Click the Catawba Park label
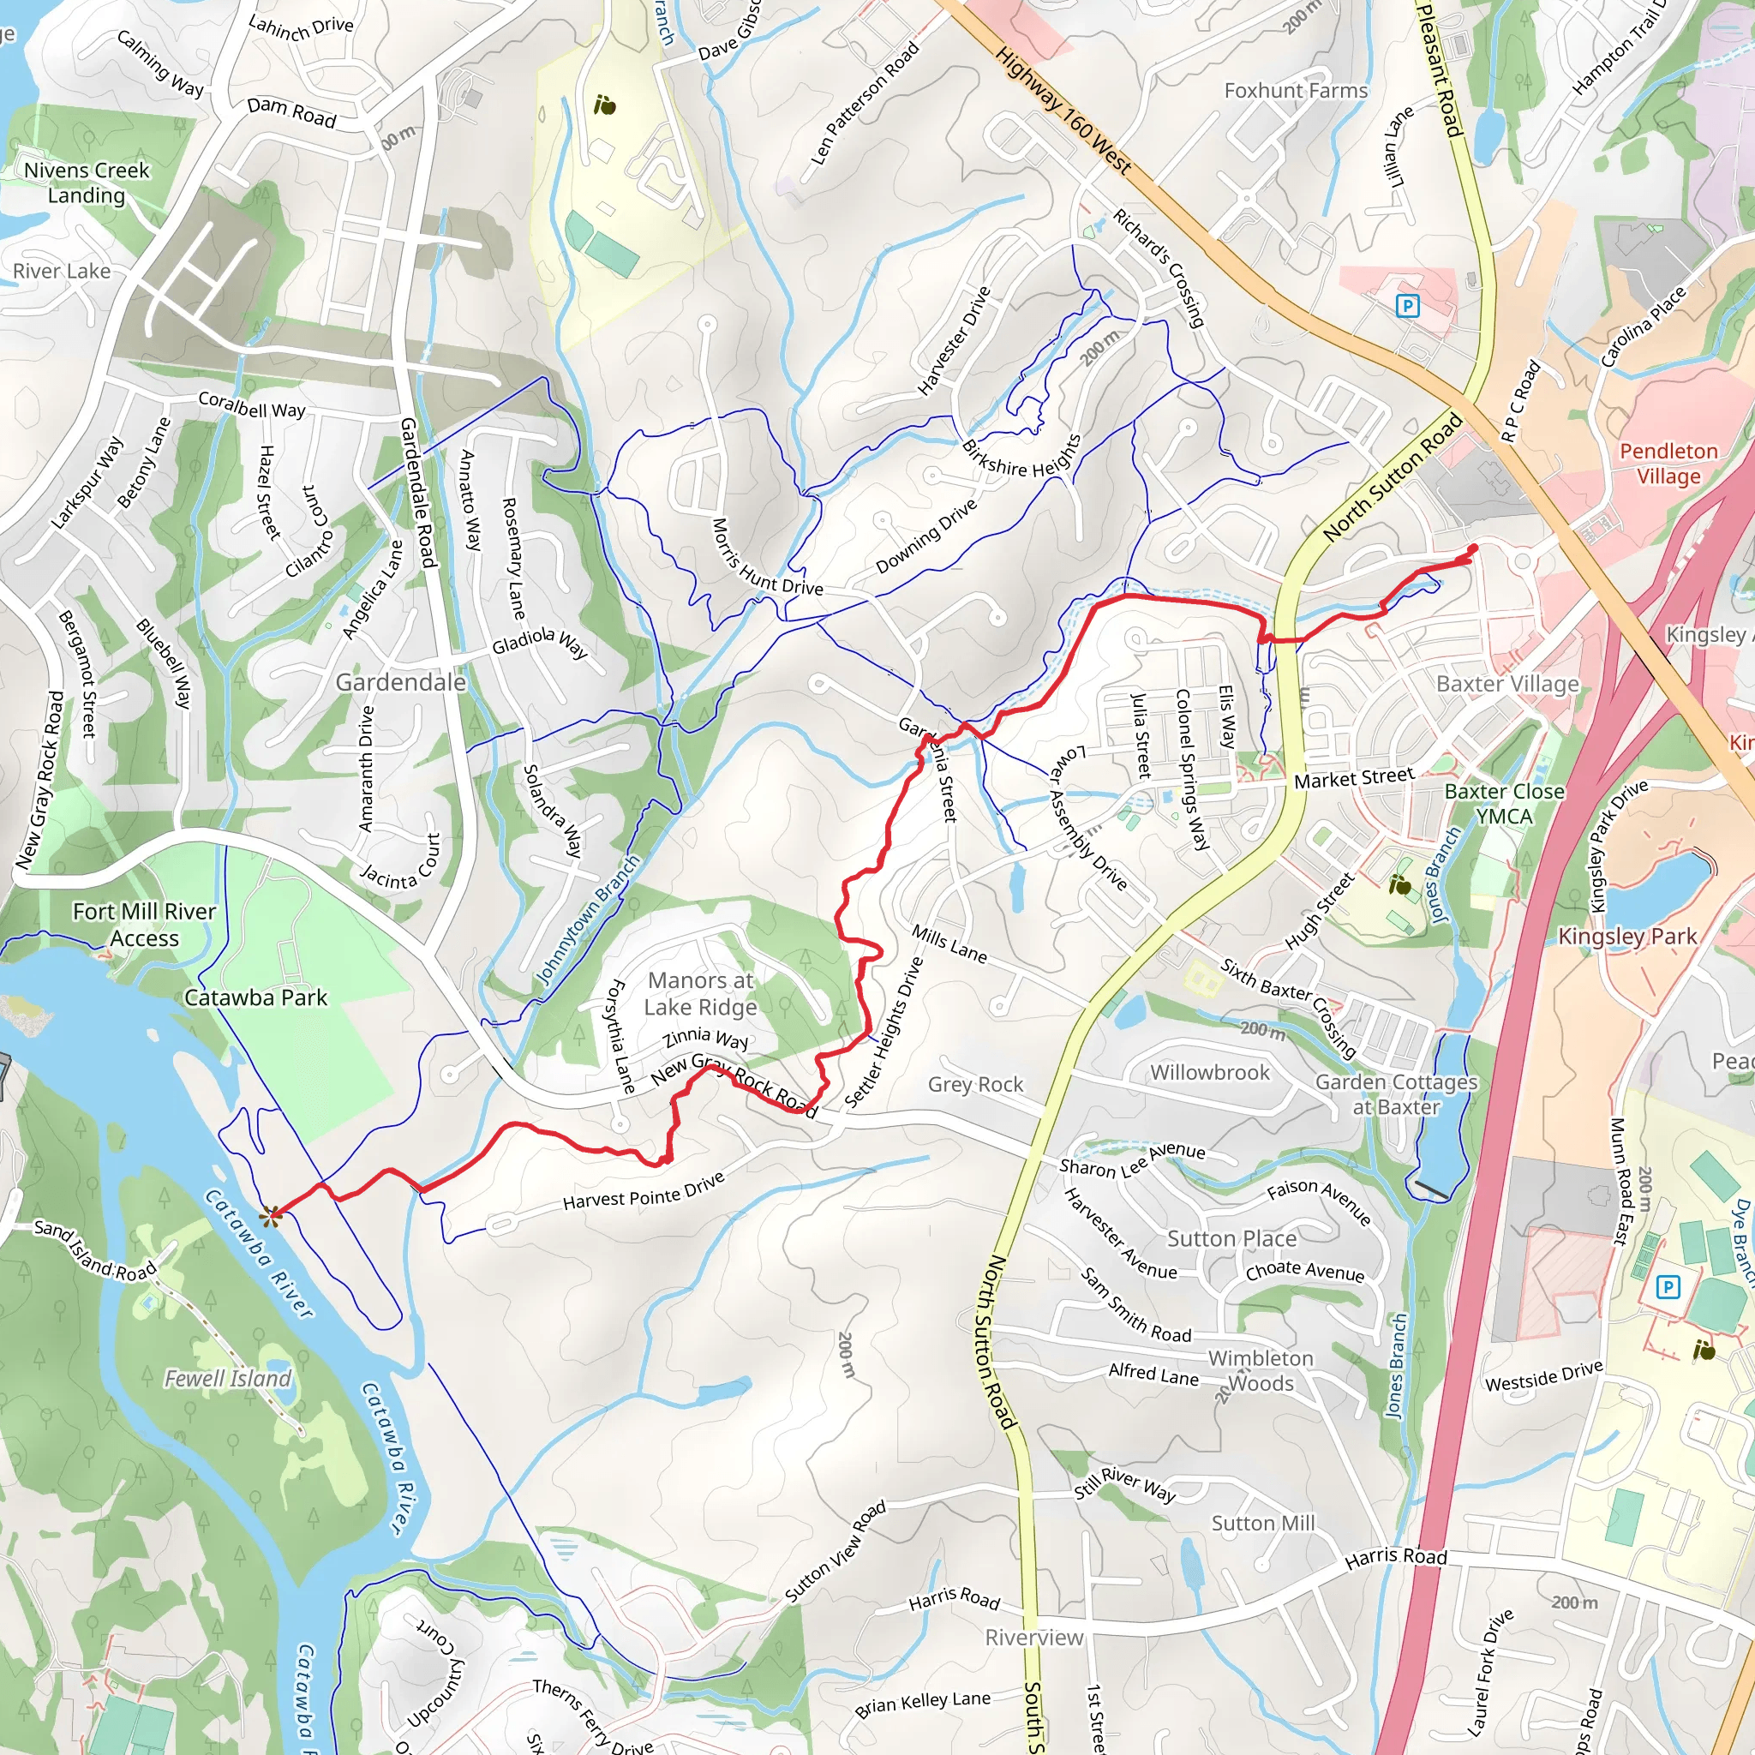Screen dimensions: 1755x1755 (x=255, y=997)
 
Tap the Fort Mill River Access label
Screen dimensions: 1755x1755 (x=145, y=925)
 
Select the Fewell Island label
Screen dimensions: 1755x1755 (x=228, y=1379)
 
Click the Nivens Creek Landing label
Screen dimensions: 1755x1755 (x=87, y=183)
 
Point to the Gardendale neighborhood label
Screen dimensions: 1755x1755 (x=400, y=682)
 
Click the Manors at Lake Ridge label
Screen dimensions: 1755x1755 (x=700, y=994)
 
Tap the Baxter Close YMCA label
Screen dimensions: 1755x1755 (x=1504, y=804)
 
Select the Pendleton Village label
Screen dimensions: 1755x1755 (x=1668, y=464)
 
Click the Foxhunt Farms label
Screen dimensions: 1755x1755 (x=1296, y=91)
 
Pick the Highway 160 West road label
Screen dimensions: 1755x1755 (x=1063, y=110)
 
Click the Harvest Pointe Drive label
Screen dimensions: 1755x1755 (x=644, y=1191)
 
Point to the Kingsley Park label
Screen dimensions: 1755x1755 (x=1627, y=937)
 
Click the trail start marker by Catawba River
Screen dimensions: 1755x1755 (x=271, y=1214)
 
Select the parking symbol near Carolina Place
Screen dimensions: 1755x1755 (x=1407, y=306)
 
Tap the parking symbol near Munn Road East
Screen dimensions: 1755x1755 (x=1667, y=1286)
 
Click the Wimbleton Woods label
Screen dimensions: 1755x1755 (x=1261, y=1371)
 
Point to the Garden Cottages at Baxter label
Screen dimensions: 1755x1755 (x=1396, y=1093)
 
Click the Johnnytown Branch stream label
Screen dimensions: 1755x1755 (x=589, y=919)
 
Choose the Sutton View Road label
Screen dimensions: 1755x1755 (x=835, y=1552)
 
